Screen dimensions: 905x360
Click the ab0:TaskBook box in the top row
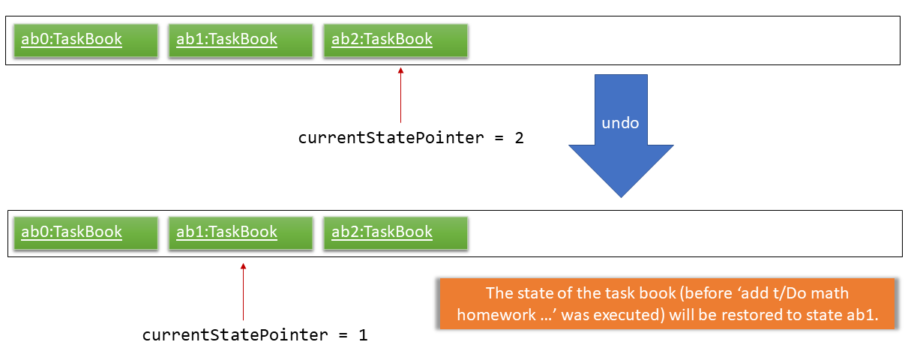tap(85, 40)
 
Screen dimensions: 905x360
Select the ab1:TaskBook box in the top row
tap(241, 40)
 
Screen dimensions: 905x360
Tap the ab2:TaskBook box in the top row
tap(396, 40)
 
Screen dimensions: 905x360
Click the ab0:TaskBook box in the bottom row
tap(85, 232)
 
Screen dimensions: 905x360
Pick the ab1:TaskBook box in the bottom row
tap(241, 232)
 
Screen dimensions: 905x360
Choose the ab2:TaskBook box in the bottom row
tap(396, 232)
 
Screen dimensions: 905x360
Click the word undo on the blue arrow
tap(620, 123)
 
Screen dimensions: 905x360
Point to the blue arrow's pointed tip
tap(621, 197)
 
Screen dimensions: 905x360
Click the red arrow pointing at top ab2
tap(401, 95)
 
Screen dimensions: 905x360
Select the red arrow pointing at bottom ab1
tap(243, 292)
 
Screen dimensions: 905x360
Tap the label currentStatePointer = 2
tap(411, 138)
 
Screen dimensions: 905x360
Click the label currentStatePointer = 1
tap(255, 335)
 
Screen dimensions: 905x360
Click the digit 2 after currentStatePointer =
tap(519, 138)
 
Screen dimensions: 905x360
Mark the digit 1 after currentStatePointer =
tap(363, 335)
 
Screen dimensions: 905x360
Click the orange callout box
tap(667, 304)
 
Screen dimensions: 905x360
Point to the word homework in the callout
tap(496, 315)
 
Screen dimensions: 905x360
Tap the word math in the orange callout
tap(829, 293)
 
